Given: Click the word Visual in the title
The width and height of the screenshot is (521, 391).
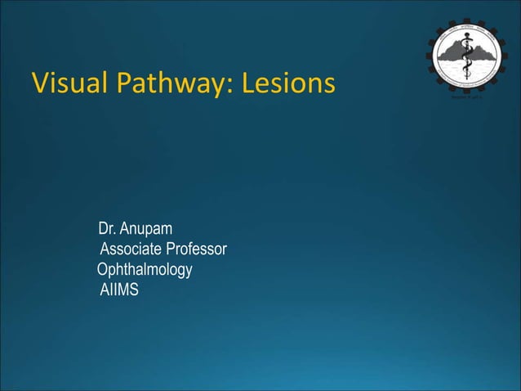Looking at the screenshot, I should pyautogui.click(x=67, y=83).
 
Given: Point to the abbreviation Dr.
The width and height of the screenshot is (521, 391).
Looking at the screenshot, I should pyautogui.click(x=105, y=227).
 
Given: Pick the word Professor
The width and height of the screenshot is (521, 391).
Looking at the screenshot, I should pyautogui.click(x=196, y=249).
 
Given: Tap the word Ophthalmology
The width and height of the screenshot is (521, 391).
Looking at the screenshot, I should pyautogui.click(x=145, y=269).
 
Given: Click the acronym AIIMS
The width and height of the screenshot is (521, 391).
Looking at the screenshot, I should pyautogui.click(x=119, y=290).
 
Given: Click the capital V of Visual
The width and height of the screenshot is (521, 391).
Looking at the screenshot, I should pyautogui.click(x=38, y=83).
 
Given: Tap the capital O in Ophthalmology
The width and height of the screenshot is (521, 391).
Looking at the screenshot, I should pyautogui.click(x=102, y=269).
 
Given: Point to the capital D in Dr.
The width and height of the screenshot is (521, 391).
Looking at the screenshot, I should pyautogui.click(x=103, y=227).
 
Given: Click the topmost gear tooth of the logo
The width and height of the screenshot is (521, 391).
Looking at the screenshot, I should pyautogui.click(x=468, y=15).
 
